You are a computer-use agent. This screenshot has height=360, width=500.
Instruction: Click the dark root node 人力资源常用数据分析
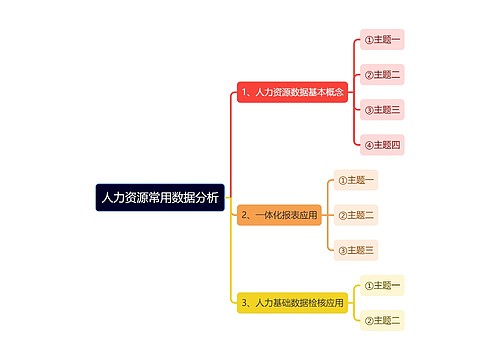click(160, 197)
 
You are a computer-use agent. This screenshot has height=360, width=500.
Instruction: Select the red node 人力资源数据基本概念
click(294, 92)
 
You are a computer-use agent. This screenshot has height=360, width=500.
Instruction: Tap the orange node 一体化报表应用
click(279, 215)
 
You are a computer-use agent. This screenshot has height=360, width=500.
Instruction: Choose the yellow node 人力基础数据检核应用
click(292, 302)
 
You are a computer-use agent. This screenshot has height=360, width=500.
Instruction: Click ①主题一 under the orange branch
click(356, 181)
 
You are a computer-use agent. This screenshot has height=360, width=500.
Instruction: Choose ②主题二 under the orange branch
click(356, 215)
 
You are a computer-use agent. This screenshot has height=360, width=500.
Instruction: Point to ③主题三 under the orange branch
click(356, 250)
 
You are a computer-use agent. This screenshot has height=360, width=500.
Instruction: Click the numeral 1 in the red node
click(245, 92)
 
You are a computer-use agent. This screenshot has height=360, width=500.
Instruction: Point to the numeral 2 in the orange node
click(244, 215)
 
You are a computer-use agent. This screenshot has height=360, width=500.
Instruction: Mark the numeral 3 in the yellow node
click(244, 302)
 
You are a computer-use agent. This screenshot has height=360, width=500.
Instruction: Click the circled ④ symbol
click(368, 145)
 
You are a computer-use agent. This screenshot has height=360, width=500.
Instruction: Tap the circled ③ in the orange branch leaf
click(342, 250)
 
